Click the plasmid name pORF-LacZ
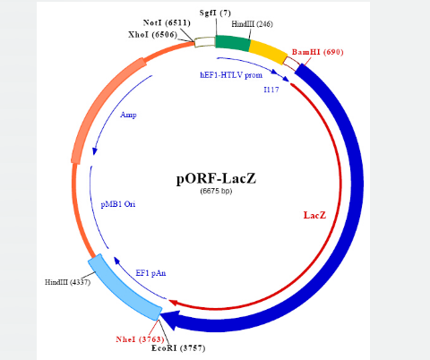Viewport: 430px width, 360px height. pos(216,179)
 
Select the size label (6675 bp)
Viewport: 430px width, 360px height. pos(216,191)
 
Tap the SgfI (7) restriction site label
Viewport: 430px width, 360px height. pos(215,13)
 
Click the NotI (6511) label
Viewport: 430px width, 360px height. pos(167,23)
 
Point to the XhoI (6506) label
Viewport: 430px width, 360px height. pos(152,35)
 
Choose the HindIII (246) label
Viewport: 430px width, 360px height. pos(252,24)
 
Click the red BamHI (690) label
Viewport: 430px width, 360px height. pos(318,52)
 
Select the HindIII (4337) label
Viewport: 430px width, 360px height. pos(68,282)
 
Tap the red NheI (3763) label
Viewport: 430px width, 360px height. pos(140,339)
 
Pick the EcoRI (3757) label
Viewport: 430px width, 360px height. pos(178,348)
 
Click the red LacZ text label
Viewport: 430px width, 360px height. pos(314,215)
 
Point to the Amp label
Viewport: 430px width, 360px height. pos(128,115)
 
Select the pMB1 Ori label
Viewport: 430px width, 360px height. pos(118,204)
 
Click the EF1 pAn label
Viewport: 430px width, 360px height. pos(150,273)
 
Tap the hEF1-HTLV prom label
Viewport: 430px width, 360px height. pos(231,75)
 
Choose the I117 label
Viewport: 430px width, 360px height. pos(271,90)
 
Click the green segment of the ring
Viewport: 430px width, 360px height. pos(233,43)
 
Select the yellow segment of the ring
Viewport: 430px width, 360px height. pos(267,51)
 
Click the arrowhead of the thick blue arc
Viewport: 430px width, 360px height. pos(169,320)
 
